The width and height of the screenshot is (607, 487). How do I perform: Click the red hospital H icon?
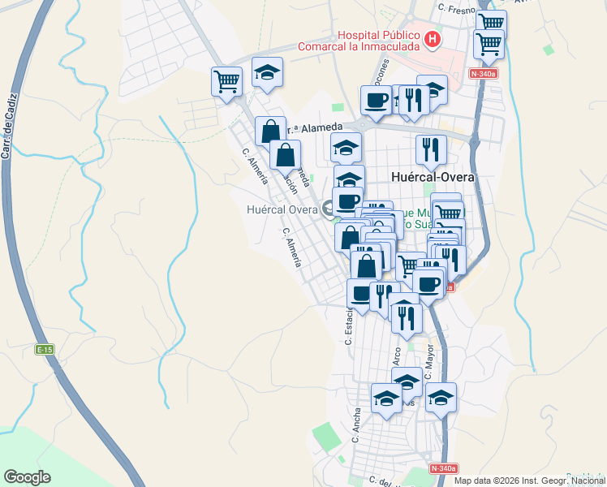click(x=433, y=38)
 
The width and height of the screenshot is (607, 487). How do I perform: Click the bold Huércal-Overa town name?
click(x=432, y=176)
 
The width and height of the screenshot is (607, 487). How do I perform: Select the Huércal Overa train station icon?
click(x=329, y=209)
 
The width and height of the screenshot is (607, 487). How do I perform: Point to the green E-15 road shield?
click(x=44, y=349)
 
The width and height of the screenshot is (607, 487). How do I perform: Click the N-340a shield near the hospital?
click(x=484, y=74)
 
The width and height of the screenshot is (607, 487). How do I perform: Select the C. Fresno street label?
click(x=455, y=7)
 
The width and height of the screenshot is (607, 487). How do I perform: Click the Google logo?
click(x=27, y=476)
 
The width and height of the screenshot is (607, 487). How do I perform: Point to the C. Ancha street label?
click(x=356, y=425)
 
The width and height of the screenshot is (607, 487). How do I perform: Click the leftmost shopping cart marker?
click(x=227, y=80)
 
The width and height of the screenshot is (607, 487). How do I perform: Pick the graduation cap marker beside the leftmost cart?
click(x=267, y=71)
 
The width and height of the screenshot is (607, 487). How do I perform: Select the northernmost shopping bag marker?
click(x=270, y=130)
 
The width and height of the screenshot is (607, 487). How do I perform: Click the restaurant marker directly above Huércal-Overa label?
click(x=431, y=149)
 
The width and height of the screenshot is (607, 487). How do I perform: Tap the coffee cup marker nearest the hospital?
click(x=376, y=100)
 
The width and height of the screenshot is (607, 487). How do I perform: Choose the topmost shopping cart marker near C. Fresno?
click(x=490, y=21)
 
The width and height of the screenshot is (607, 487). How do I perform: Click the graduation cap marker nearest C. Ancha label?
click(x=387, y=399)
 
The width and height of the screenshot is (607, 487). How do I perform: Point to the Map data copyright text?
click(x=528, y=481)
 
